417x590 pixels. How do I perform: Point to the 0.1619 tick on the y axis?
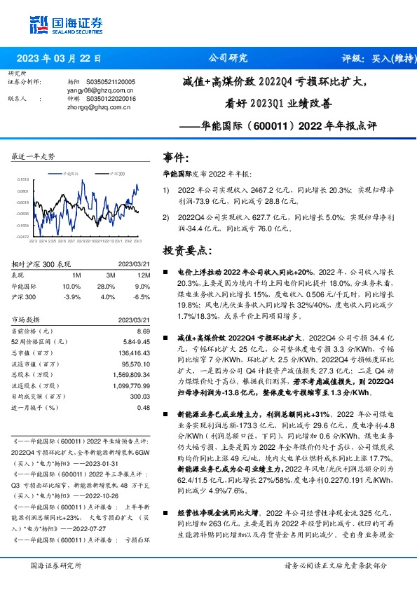click(x=23, y=179)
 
